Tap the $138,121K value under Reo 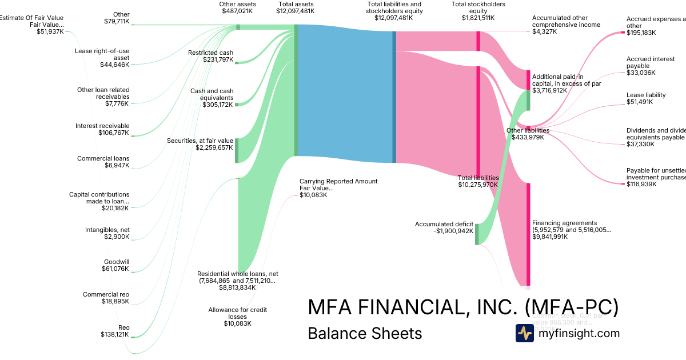(x=114, y=334)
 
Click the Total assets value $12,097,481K (x=295, y=11)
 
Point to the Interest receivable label (x=102, y=126)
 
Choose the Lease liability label (x=646, y=95)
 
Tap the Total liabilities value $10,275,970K (x=478, y=185)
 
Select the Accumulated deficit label (x=444, y=224)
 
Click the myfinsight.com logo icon (x=525, y=333)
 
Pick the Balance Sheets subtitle (x=365, y=333)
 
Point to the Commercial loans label (x=103, y=158)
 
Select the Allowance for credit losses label (x=237, y=313)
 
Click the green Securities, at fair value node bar (x=237, y=150)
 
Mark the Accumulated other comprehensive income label (x=566, y=21)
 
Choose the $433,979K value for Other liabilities (x=528, y=137)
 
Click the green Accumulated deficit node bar (x=477, y=234)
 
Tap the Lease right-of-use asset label (x=102, y=54)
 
